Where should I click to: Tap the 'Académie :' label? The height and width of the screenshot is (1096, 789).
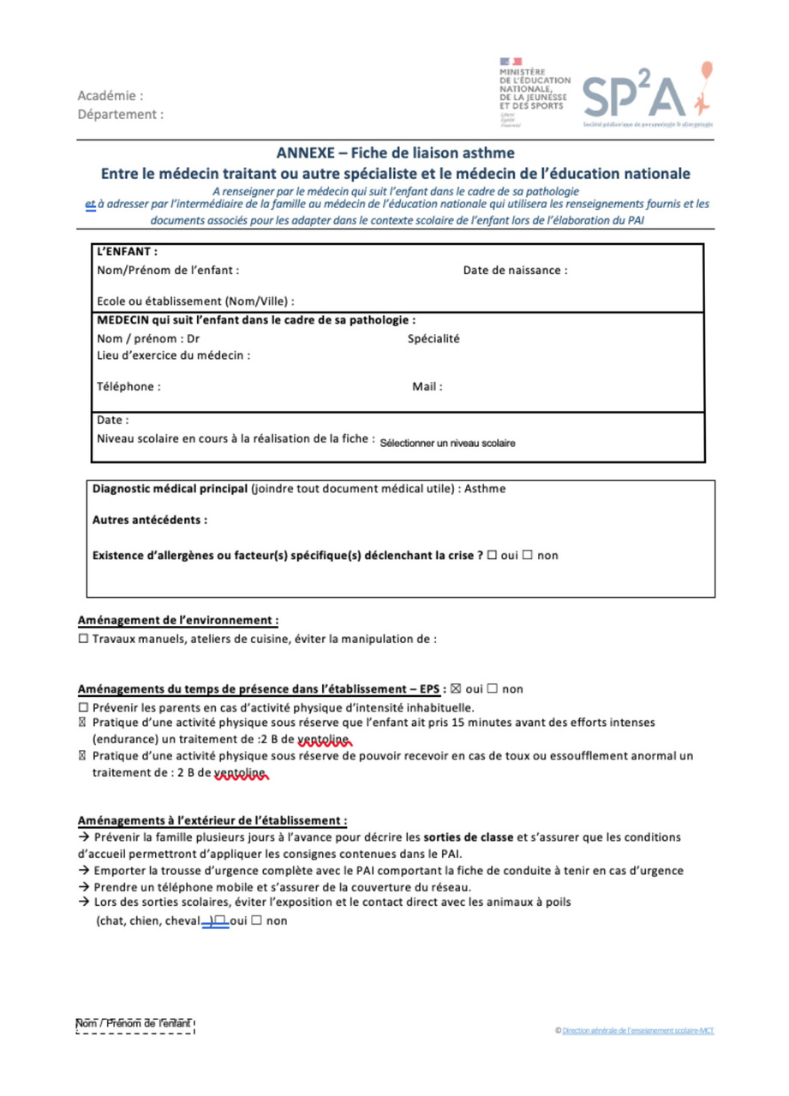click(x=111, y=96)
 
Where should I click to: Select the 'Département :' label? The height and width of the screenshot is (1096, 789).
click(x=121, y=114)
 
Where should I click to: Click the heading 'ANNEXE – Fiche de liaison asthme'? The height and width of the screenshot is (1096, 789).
click(x=395, y=154)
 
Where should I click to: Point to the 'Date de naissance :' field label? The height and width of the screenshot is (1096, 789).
click(x=515, y=271)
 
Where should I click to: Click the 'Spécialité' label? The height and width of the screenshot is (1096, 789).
click(x=433, y=339)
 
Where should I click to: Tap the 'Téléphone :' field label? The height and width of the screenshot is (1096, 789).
click(x=129, y=386)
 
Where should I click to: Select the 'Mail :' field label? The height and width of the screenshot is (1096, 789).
click(x=427, y=386)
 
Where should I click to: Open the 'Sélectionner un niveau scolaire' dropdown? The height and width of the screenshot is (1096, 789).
click(x=447, y=444)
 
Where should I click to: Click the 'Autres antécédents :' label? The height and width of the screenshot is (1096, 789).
click(x=149, y=520)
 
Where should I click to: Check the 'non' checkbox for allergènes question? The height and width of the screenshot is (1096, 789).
click(x=528, y=556)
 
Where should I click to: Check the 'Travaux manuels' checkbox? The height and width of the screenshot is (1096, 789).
click(x=83, y=639)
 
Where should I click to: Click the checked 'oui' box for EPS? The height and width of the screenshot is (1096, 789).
click(x=456, y=689)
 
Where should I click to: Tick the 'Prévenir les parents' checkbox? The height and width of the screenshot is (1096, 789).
click(x=83, y=708)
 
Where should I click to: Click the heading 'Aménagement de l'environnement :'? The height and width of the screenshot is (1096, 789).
click(x=177, y=620)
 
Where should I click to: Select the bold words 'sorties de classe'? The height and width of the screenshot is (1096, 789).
click(x=468, y=837)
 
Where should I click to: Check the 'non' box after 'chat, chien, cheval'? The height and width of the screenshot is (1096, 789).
click(x=256, y=921)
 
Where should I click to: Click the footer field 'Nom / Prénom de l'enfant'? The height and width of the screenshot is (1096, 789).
click(x=135, y=1025)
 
